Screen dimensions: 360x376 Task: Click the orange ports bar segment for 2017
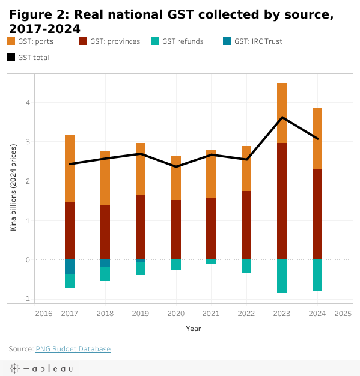(70, 169)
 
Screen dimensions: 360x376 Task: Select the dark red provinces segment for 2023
(282, 201)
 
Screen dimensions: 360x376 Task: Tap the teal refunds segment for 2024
(317, 275)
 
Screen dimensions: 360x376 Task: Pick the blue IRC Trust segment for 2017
(70, 267)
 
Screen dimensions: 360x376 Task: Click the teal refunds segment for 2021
(211, 262)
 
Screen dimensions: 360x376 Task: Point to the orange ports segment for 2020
(176, 178)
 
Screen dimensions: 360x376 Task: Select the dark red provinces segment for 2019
(141, 227)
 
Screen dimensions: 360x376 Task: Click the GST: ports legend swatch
(11, 41)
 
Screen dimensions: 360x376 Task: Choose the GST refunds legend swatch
(155, 41)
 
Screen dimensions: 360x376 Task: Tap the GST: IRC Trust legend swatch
(227, 41)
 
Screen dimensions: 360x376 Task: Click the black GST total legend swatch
(11, 57)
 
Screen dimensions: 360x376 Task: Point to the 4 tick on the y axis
(28, 103)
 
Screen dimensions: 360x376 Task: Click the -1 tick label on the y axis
(26, 299)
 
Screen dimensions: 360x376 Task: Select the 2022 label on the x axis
(246, 314)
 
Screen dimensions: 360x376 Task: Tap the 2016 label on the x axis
(44, 314)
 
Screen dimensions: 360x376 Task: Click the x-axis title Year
(194, 329)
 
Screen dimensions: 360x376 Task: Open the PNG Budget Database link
(73, 349)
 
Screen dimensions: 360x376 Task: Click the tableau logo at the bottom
(41, 368)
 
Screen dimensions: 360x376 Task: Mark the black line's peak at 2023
(282, 117)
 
